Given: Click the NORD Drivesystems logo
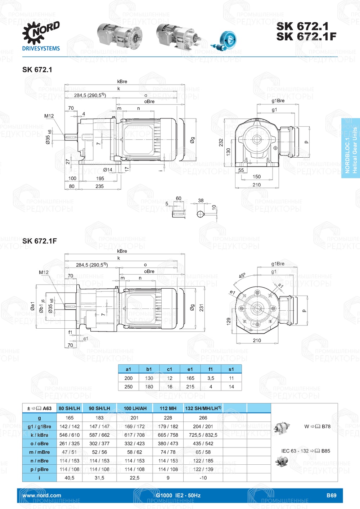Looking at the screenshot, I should [x=41, y=36].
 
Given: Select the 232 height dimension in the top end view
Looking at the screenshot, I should [x=221, y=143].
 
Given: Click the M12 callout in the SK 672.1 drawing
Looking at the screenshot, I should [x=49, y=116].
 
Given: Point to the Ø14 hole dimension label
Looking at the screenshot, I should [x=108, y=170].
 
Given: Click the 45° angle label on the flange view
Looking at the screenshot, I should [x=242, y=275].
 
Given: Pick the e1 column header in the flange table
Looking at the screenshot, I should [x=190, y=369].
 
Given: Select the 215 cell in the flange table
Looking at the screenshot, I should [x=190, y=387].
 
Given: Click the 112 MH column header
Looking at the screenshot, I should [x=168, y=408].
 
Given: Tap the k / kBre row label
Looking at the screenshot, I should [x=39, y=435].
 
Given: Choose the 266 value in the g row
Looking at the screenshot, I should [x=203, y=418].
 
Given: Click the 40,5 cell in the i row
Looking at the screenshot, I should [x=69, y=478].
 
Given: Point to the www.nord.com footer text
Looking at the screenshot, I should [x=42, y=495].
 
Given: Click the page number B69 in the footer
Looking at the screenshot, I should [x=331, y=495].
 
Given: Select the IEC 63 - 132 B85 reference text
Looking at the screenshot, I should [x=306, y=451].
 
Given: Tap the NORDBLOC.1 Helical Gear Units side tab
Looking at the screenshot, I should [x=351, y=148].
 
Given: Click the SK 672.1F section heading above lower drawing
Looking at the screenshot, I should [x=40, y=241].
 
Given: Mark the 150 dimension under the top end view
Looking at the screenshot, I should [x=256, y=177].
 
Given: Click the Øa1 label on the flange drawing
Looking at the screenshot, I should [x=33, y=306].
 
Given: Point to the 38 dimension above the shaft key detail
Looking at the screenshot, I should [x=201, y=201].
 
